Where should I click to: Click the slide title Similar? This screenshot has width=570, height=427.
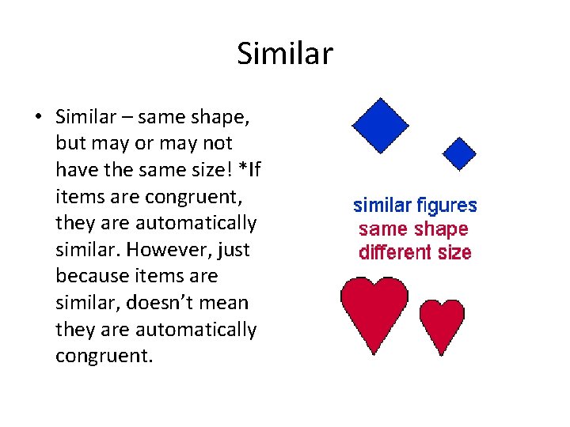click(285, 55)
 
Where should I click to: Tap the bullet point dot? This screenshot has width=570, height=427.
click(37, 118)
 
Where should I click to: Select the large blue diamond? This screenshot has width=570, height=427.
click(380, 125)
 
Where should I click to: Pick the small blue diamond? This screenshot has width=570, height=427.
click(458, 153)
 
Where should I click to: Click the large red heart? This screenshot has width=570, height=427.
click(374, 309)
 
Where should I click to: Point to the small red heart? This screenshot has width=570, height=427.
click(442, 323)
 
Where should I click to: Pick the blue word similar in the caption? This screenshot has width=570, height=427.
click(382, 206)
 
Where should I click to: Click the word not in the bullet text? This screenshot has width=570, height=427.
click(216, 144)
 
